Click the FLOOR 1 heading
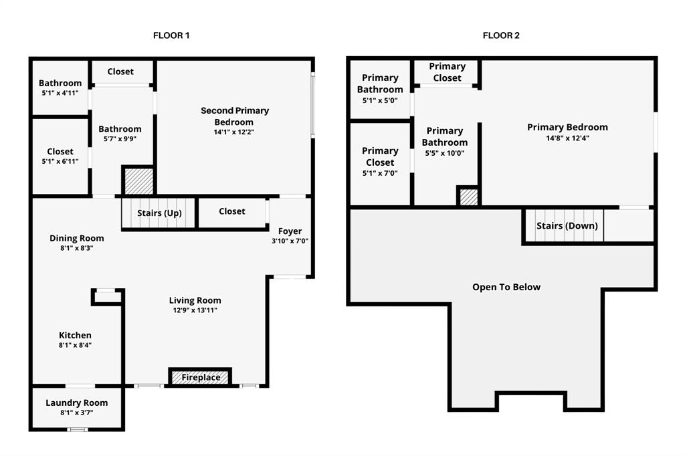tap(171, 35)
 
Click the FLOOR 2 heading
tap(501, 35)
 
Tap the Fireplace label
tap(201, 378)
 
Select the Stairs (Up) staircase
tap(159, 213)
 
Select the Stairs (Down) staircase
tap(566, 226)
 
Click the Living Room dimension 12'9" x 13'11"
tap(195, 310)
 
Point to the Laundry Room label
tap(76, 403)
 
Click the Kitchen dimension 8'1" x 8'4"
tap(75, 345)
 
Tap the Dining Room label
tap(77, 238)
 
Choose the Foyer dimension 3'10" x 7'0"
tap(290, 241)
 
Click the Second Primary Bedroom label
tap(234, 116)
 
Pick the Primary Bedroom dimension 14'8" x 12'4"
tap(567, 138)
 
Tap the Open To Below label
tap(506, 287)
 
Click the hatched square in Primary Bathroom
tap(468, 197)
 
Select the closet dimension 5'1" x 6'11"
tap(60, 162)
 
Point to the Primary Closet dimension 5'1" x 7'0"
tap(380, 173)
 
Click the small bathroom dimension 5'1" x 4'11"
tap(60, 94)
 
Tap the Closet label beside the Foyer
tap(232, 211)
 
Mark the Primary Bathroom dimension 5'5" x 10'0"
tap(445, 153)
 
